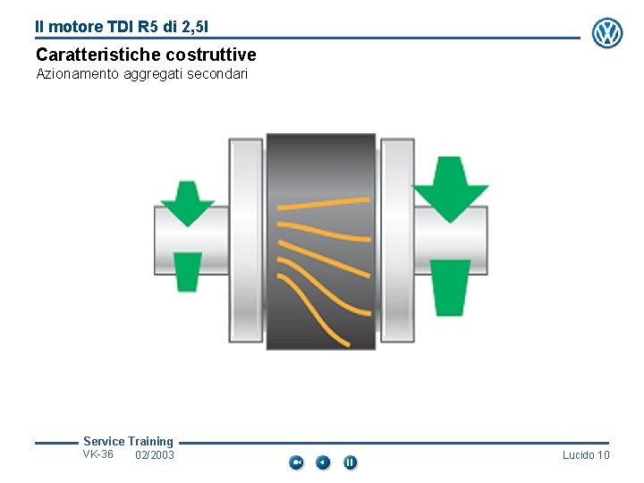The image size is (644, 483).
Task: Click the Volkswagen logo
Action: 607,33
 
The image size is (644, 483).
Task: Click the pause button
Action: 350,462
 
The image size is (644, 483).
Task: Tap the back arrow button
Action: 323,462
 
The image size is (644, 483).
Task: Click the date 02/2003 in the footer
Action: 155,456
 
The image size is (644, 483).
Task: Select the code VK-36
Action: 98,454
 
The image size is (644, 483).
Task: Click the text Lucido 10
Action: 586,455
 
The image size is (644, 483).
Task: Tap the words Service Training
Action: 128,441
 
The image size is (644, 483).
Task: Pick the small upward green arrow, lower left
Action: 187,271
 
